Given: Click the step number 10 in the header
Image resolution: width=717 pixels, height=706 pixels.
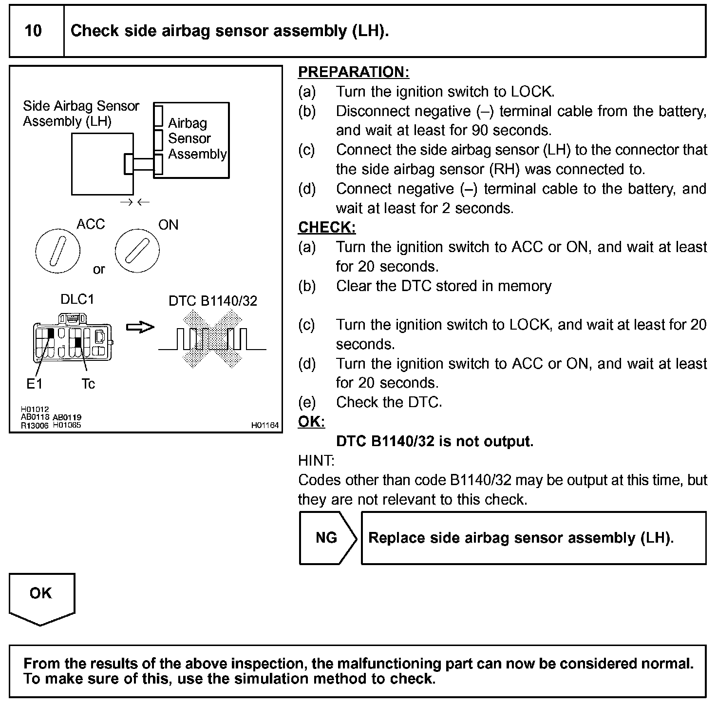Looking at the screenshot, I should click(33, 31).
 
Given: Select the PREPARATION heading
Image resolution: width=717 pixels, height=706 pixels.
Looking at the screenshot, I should click(353, 72).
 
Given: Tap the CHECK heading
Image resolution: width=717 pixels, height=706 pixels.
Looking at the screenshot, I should click(327, 228).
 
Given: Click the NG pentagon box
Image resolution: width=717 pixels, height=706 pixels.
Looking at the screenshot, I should click(327, 538).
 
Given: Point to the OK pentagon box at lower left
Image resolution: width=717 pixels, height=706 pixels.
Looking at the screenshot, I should click(41, 597).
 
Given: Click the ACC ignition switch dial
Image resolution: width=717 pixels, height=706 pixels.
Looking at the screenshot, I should click(57, 251).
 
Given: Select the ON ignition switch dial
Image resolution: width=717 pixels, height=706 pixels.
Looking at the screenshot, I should click(137, 251).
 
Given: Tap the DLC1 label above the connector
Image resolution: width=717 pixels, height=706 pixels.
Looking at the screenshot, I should click(77, 299).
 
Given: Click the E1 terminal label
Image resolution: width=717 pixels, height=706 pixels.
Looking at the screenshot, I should click(34, 384).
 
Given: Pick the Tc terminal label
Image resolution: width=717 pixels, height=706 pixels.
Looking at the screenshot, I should click(88, 384).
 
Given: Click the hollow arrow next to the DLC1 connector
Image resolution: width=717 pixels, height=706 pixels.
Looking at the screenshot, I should click(140, 327).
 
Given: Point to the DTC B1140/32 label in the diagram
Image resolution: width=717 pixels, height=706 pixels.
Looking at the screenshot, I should click(213, 301).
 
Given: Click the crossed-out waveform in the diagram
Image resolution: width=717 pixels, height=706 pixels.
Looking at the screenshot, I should click(212, 340).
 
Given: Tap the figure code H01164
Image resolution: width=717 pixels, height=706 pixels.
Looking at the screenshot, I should click(265, 426).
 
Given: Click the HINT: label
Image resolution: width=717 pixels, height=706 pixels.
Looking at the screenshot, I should click(316, 461).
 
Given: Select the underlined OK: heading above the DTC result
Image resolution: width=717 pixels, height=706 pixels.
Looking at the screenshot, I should click(311, 422).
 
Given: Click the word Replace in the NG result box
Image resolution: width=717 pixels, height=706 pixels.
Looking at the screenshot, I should click(392, 538).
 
